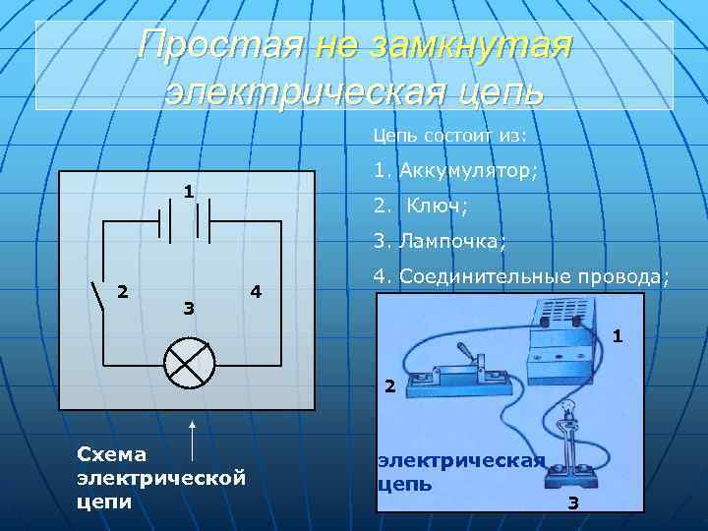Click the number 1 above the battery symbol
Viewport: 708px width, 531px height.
(187, 191)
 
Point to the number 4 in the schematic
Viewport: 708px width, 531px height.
(256, 291)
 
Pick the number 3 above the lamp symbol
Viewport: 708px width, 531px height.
(189, 309)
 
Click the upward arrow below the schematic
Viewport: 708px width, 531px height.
(193, 438)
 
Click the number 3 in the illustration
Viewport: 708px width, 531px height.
(573, 503)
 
